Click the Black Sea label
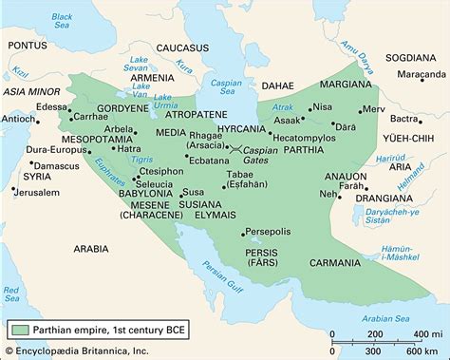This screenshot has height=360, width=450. (60, 21)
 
